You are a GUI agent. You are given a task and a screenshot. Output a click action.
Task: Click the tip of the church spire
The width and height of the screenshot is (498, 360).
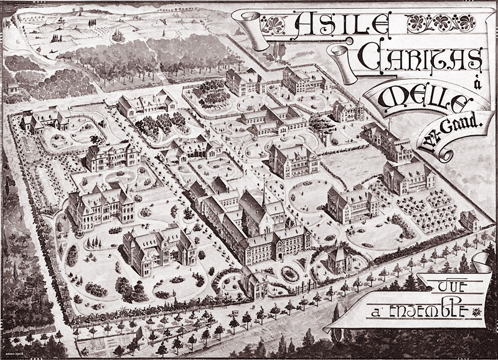coord(263,184)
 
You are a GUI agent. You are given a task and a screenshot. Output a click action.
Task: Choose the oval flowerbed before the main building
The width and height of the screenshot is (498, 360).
coord(289,272)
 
